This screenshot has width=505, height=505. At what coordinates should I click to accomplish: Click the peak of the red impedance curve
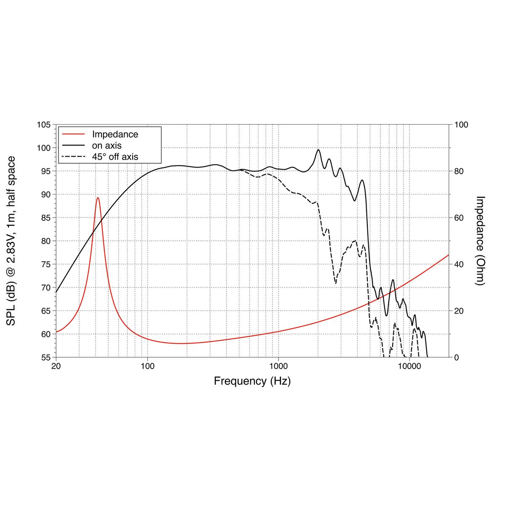click(x=98, y=197)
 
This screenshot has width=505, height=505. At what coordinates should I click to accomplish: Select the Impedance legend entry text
click(x=115, y=135)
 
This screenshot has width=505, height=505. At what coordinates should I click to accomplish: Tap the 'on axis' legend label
click(x=106, y=146)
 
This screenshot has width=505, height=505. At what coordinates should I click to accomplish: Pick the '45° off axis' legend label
click(x=115, y=157)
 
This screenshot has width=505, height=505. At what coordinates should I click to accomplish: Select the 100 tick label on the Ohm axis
click(x=461, y=125)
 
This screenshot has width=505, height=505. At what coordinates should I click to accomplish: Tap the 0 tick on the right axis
click(x=456, y=357)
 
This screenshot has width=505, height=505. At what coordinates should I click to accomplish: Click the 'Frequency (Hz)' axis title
click(x=252, y=381)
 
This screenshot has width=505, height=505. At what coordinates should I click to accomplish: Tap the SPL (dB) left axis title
click(x=11, y=241)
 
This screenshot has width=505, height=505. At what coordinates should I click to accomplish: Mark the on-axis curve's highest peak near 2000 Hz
click(x=319, y=149)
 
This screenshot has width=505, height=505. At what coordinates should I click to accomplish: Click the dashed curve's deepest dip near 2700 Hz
click(x=336, y=283)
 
